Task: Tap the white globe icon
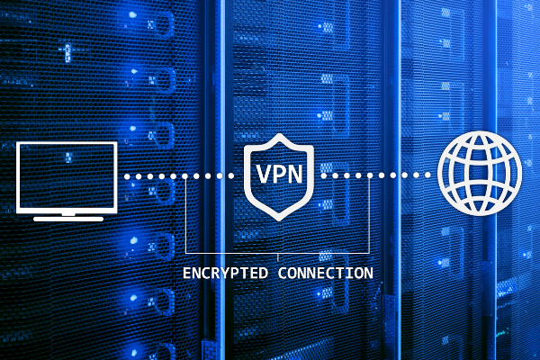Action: click(x=480, y=174)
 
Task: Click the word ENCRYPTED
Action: click(x=225, y=274)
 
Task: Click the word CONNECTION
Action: click(x=326, y=274)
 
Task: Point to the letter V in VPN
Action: click(x=263, y=174)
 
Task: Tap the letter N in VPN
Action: click(x=295, y=174)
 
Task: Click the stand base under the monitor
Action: click(x=68, y=219)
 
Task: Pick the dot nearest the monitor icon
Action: click(x=127, y=176)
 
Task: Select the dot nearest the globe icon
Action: click(x=427, y=175)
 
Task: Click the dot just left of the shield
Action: click(x=231, y=176)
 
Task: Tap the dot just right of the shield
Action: click(x=324, y=175)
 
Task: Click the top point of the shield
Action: click(x=279, y=135)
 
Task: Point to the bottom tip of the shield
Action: click(x=279, y=220)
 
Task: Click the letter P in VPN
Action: click(x=279, y=174)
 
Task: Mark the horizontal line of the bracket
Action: click(x=277, y=254)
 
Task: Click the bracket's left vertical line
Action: click(x=185, y=215)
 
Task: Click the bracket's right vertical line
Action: click(x=370, y=214)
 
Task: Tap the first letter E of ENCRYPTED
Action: click(x=186, y=274)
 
